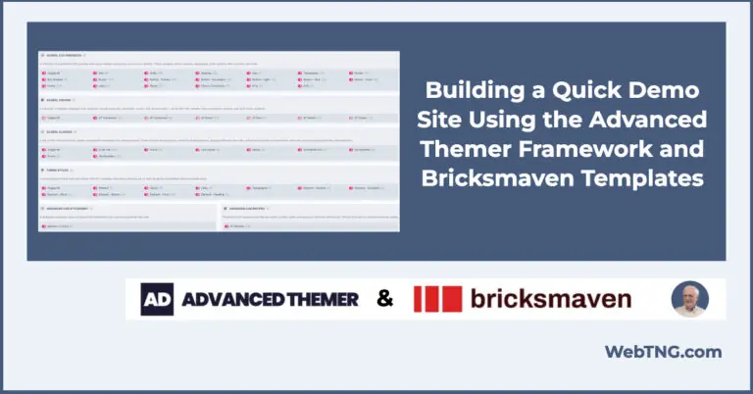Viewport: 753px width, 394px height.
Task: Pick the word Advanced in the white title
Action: [652, 123]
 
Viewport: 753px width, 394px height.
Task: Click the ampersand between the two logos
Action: [385, 299]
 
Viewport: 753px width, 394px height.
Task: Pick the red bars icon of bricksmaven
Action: [437, 299]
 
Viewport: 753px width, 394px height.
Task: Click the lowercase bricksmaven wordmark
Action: [549, 299]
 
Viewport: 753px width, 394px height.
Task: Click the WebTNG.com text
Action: [663, 352]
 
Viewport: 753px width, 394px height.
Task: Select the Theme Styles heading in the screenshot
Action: [62, 169]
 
